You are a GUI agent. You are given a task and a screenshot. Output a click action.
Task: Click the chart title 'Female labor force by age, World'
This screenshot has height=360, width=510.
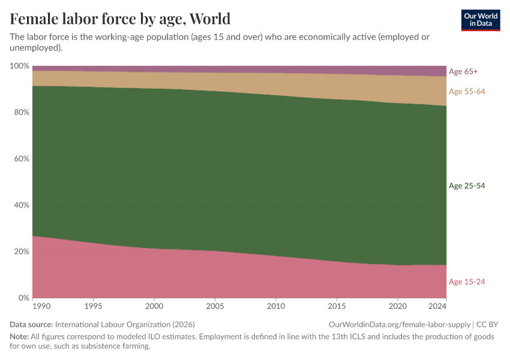pos(120,18)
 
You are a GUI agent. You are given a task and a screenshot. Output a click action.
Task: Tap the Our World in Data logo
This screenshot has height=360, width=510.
pos(480,20)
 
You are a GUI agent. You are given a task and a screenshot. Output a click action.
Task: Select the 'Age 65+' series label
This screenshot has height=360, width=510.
pos(463,71)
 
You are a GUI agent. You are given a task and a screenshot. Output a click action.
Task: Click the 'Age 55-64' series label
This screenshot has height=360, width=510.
pos(466,91)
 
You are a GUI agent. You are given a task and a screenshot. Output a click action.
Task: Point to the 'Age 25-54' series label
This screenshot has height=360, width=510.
pos(466,186)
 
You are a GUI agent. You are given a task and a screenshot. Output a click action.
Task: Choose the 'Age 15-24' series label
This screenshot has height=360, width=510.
pos(466,282)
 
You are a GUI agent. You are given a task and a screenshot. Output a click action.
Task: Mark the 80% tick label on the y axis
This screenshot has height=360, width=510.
pos(21,112)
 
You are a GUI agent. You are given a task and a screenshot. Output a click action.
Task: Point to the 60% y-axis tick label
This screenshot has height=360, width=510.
pos(21,159)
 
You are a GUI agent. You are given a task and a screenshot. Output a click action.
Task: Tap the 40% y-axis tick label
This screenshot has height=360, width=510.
pos(21,205)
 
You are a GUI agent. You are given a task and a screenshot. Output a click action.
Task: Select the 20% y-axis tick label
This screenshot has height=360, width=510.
pos(21,251)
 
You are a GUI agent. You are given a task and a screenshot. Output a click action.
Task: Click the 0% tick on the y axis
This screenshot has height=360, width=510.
pos(23,298)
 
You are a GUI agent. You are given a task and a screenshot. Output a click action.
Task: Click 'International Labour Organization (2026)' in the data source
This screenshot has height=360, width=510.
pos(125,324)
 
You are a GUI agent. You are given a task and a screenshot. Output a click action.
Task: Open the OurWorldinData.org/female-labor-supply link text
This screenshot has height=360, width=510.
pos(400,324)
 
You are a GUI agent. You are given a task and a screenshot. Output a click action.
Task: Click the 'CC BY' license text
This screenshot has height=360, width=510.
pos(487,324)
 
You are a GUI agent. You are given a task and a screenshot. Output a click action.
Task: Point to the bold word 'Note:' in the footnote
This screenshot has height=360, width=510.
pos(20,337)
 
